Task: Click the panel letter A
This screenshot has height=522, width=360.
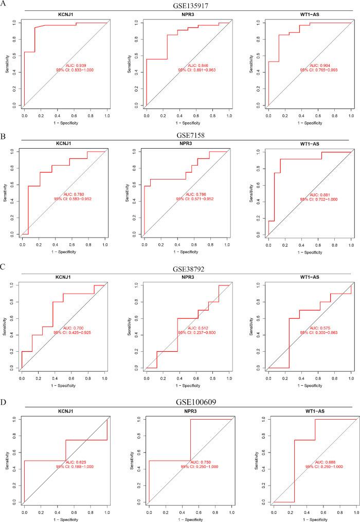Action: pos(4,4)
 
